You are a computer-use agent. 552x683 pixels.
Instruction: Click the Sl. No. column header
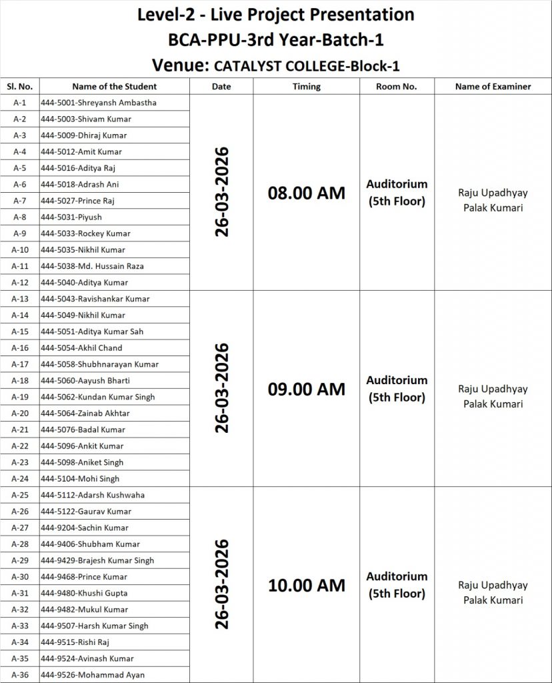[20, 87]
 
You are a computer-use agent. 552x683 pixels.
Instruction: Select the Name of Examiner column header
[493, 87]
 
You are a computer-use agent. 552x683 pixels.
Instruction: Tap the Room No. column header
[397, 87]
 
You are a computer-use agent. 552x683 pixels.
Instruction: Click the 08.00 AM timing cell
[307, 193]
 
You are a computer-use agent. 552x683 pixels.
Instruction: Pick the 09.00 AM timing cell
[307, 390]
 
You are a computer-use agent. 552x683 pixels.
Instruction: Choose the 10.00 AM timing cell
[307, 586]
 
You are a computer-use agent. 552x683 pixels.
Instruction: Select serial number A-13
[20, 299]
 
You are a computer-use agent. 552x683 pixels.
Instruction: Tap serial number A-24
[20, 479]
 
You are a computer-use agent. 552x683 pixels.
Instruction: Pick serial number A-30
[20, 577]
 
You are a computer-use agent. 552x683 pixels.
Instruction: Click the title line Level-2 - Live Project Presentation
[275, 14]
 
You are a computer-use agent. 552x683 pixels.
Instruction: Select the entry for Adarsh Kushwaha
[93, 495]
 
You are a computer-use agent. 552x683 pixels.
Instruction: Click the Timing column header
[307, 87]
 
